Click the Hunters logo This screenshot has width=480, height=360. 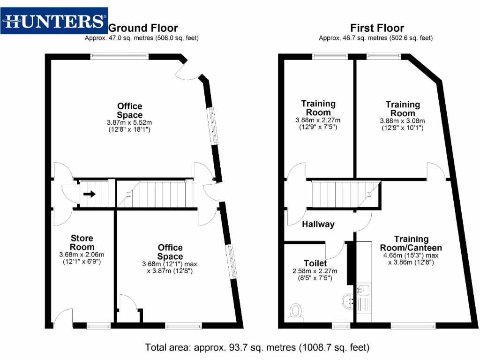point(54,21)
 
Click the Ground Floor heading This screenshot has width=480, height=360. point(143,28)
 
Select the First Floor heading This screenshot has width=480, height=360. point(377,28)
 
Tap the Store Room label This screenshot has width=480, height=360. point(82,243)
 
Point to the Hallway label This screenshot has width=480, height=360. point(318,224)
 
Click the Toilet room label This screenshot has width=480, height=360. point(315,263)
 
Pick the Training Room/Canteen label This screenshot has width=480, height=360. point(411,243)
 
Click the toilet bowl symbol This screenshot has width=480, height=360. point(296,311)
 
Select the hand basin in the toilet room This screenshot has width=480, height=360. point(348,301)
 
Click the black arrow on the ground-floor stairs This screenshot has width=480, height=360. point(90,194)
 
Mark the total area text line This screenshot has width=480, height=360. point(257,348)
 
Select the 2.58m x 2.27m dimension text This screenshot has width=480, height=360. point(315,271)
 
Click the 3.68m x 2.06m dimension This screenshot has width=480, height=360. point(82,255)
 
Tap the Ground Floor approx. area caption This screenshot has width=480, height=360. point(142,38)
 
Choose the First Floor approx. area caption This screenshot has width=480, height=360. point(375,38)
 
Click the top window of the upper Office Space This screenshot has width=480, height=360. point(111,56)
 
